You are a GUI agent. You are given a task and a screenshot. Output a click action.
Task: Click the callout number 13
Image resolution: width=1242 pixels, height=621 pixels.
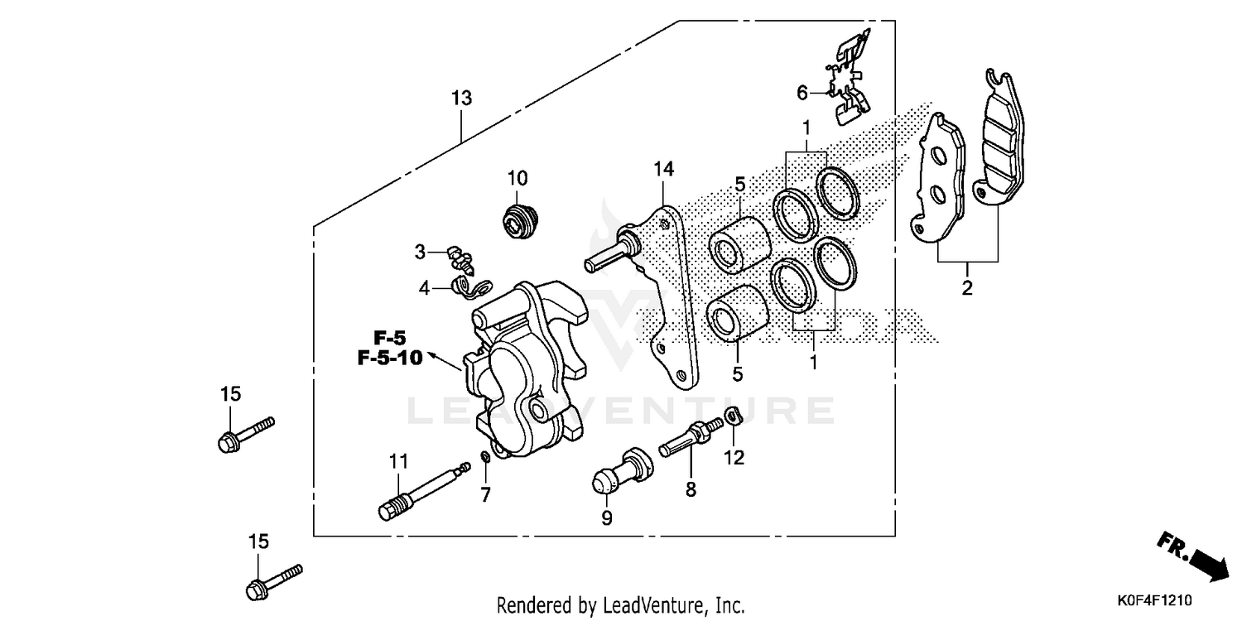461,99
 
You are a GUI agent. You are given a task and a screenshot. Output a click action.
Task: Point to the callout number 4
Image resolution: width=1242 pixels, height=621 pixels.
424,288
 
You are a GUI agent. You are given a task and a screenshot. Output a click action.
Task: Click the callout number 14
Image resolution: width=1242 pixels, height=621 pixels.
663,170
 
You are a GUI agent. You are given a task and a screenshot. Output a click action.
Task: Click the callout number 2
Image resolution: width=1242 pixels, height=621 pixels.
967,289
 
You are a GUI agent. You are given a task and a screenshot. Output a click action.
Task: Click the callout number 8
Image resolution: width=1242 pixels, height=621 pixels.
691,490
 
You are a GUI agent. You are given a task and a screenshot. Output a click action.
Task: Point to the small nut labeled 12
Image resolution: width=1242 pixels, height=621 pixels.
731,416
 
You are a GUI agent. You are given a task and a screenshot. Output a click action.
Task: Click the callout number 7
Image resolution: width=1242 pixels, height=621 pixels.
485,495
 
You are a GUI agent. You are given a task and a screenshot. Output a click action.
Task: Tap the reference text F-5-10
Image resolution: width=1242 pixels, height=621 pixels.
390,358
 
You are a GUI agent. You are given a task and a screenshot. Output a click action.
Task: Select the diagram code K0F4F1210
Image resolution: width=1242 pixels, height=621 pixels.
1170,598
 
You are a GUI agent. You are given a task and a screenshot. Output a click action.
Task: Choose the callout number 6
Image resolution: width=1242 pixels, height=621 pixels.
802,93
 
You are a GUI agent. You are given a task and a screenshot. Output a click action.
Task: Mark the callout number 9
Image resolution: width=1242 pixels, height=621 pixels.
606,518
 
